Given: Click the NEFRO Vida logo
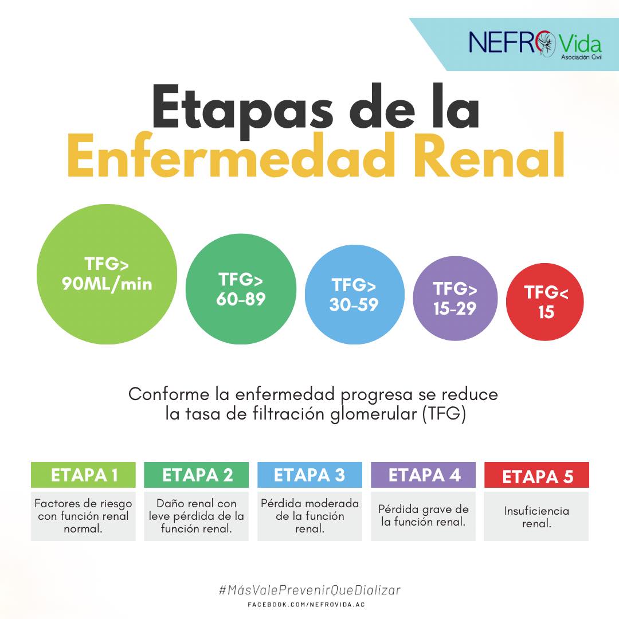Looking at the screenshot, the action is (x=535, y=44).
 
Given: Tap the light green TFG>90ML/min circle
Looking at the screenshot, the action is (x=107, y=274).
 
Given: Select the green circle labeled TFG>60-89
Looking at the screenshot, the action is (x=241, y=289).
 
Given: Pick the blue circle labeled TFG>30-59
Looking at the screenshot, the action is (x=355, y=295).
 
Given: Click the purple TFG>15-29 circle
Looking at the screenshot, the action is (x=455, y=299).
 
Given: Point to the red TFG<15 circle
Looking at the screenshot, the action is (x=545, y=302).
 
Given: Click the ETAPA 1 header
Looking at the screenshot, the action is (x=83, y=475).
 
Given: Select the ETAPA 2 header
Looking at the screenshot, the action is (x=196, y=475).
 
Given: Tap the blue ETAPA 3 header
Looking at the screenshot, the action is (x=309, y=475).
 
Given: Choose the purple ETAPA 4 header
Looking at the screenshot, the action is (x=423, y=475).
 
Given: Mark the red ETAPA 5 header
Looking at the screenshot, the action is (x=536, y=475).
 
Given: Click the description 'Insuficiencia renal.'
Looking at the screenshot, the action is (x=536, y=517).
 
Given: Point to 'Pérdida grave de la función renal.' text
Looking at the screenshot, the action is (x=423, y=516).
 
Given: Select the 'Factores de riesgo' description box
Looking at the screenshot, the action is (x=83, y=516).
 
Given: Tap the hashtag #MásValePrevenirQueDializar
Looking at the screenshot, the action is (x=309, y=590).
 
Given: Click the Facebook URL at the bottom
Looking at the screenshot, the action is (x=306, y=605).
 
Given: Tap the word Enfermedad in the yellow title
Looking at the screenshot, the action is (x=232, y=156).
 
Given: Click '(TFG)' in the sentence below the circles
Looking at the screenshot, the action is (x=444, y=414).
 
